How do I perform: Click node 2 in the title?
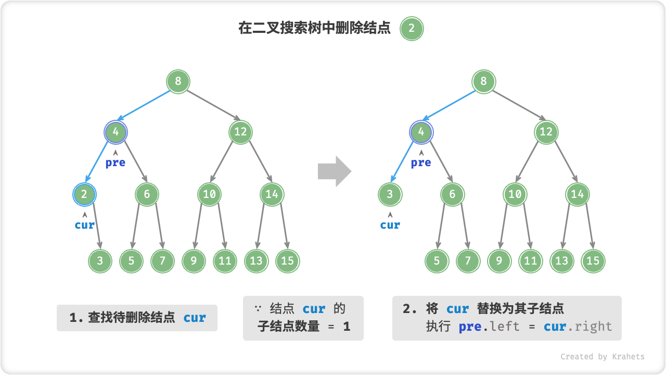point(412,29)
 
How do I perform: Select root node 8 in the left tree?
point(178,81)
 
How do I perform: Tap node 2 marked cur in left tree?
point(84,194)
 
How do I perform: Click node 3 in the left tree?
point(100,261)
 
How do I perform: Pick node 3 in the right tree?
point(390,194)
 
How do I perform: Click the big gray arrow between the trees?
point(335,170)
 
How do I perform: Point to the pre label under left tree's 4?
point(116,162)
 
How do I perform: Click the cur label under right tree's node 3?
point(390,225)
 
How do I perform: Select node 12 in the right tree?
point(546,132)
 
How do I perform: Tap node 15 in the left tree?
point(287,261)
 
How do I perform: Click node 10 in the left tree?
point(209,194)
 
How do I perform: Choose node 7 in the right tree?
point(468,261)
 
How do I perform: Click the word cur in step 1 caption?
point(195,318)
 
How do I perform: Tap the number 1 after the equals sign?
point(347,327)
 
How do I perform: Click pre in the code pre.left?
point(470,327)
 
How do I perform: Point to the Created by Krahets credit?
point(602,357)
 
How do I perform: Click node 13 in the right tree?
point(561,261)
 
